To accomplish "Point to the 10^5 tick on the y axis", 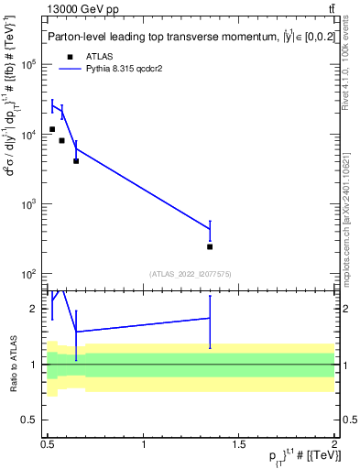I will point(29,64).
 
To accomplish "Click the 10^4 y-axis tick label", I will point(29,135).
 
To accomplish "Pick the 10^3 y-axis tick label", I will point(29,204).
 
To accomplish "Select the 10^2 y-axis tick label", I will point(29,274).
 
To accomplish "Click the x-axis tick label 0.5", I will point(49,443).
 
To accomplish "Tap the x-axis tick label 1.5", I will point(239,443).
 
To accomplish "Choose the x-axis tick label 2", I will point(334,443).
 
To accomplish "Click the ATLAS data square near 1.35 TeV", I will point(211,246).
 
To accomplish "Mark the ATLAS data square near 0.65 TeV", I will point(76,160).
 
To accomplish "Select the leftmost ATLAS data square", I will point(52,129).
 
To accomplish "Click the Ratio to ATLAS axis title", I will point(13,363).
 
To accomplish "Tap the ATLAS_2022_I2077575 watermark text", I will point(191,274).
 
